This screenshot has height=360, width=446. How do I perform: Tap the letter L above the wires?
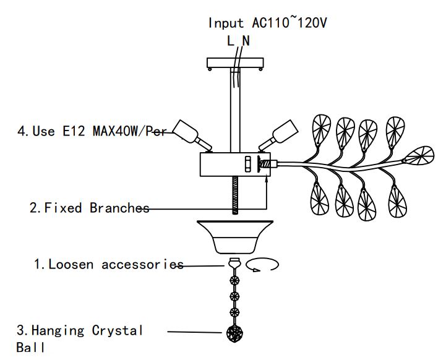pos(230,41)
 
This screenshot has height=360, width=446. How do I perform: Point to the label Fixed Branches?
pos(89,208)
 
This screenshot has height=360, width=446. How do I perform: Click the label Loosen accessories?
pos(108,265)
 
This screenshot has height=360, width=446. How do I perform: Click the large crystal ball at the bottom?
pos(234,333)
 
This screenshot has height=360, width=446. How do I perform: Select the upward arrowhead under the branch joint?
pos(267,178)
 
